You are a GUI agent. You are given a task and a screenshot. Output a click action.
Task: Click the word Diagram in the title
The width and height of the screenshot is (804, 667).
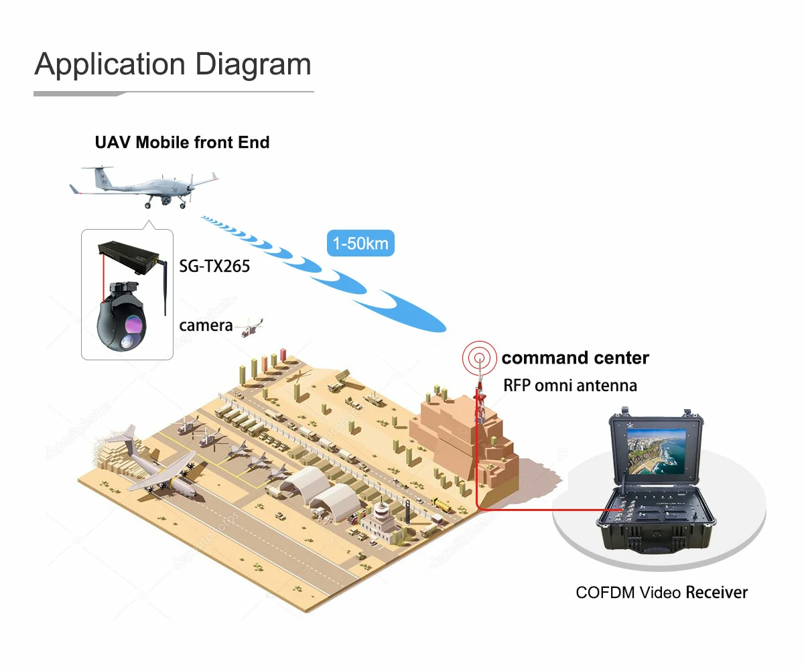point(253,65)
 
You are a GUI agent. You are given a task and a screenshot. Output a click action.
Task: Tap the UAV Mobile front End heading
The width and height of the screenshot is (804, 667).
point(182,143)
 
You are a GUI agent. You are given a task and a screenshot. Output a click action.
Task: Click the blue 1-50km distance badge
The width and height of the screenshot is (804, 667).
point(360,243)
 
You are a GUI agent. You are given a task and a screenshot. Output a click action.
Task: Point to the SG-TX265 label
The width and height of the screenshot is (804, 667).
point(214,267)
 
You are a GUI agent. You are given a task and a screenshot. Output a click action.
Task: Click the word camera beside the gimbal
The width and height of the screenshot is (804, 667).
point(206,326)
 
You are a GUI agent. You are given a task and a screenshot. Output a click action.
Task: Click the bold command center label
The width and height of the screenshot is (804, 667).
point(575,358)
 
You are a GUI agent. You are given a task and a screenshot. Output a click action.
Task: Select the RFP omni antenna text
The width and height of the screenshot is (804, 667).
point(570,386)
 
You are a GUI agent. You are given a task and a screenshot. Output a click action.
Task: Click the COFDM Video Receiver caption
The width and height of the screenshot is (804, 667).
point(661,593)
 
